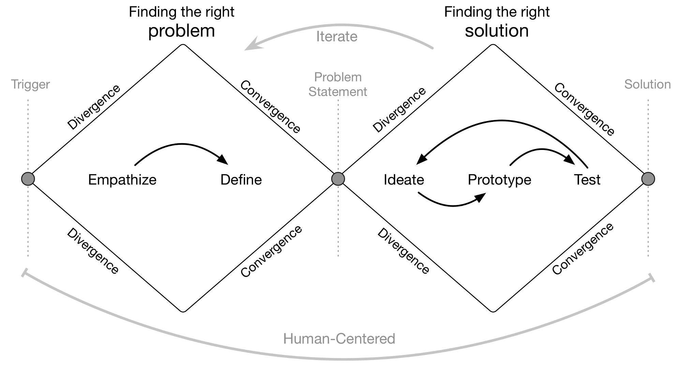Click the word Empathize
click(x=122, y=180)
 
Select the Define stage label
click(x=241, y=180)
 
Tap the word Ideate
click(x=404, y=180)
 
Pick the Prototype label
click(x=500, y=180)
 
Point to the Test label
click(x=587, y=180)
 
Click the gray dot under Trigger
click(x=28, y=179)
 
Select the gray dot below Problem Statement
click(x=338, y=179)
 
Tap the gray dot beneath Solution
click(x=648, y=179)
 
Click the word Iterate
click(x=337, y=37)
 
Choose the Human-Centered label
click(x=339, y=339)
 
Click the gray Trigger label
click(x=31, y=84)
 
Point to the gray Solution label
click(x=648, y=84)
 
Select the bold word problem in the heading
click(x=182, y=31)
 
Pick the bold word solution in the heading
click(x=497, y=31)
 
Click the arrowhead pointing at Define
click(x=223, y=160)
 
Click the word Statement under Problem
click(x=338, y=92)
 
